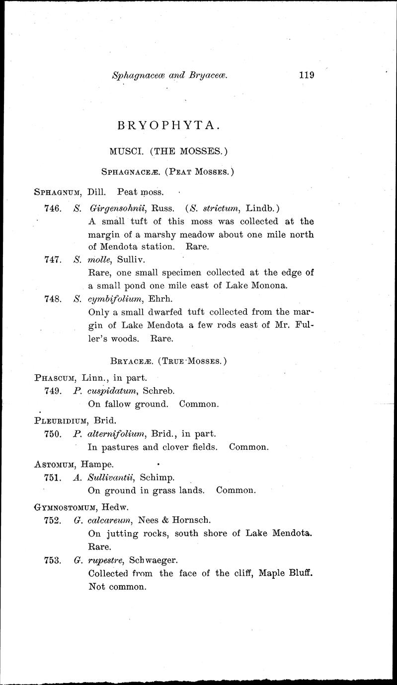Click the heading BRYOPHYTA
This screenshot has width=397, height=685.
(168, 126)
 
